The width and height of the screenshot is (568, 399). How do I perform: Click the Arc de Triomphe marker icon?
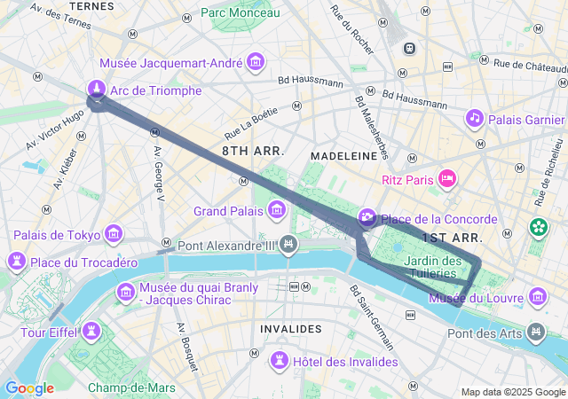coord(97,89)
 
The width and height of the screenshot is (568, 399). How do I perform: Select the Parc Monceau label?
coord(240,12)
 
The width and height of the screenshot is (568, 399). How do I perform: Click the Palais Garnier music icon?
coord(475,118)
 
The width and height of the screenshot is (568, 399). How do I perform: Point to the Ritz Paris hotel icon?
coord(448,179)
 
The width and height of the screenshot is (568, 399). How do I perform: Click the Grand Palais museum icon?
coord(277,210)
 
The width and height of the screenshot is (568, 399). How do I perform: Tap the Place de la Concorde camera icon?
coord(367,218)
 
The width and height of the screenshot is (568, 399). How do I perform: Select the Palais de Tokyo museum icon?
coord(114,234)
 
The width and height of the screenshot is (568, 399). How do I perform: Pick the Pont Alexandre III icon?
coord(288,244)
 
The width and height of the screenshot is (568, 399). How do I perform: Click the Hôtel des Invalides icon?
coord(280,360)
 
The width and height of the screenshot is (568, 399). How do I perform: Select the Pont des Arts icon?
coord(535,332)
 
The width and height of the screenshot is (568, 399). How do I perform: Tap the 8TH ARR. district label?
coord(253,152)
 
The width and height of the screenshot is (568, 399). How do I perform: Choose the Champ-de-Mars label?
coord(131,387)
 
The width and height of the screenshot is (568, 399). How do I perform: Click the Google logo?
coord(29,387)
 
